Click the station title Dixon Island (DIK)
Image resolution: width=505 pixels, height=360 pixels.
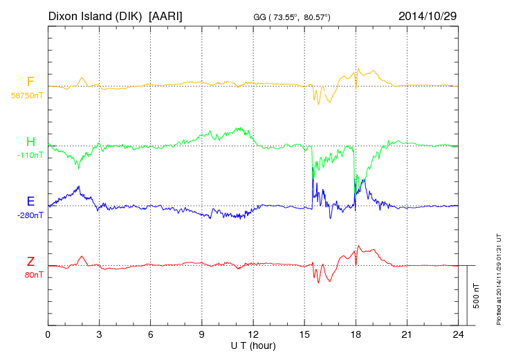pos(96,15)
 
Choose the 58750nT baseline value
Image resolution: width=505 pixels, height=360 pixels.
pos(26,96)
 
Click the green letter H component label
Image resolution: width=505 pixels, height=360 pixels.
pos(30,143)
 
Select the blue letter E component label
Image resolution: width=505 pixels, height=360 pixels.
pos(30,201)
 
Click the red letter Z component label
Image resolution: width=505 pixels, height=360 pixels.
pos(30,262)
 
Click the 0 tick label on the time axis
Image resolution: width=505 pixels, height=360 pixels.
pos(48,334)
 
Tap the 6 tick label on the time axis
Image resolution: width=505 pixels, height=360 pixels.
pos(151,334)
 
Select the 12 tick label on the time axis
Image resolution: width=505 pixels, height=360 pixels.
pos(253,334)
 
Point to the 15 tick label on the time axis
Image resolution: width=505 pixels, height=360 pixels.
pos(304,334)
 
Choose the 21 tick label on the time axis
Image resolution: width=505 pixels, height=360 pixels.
pos(407,334)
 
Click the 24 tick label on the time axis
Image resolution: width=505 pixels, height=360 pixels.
pos(459,334)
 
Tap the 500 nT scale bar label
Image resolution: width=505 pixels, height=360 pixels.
pos(477,296)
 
